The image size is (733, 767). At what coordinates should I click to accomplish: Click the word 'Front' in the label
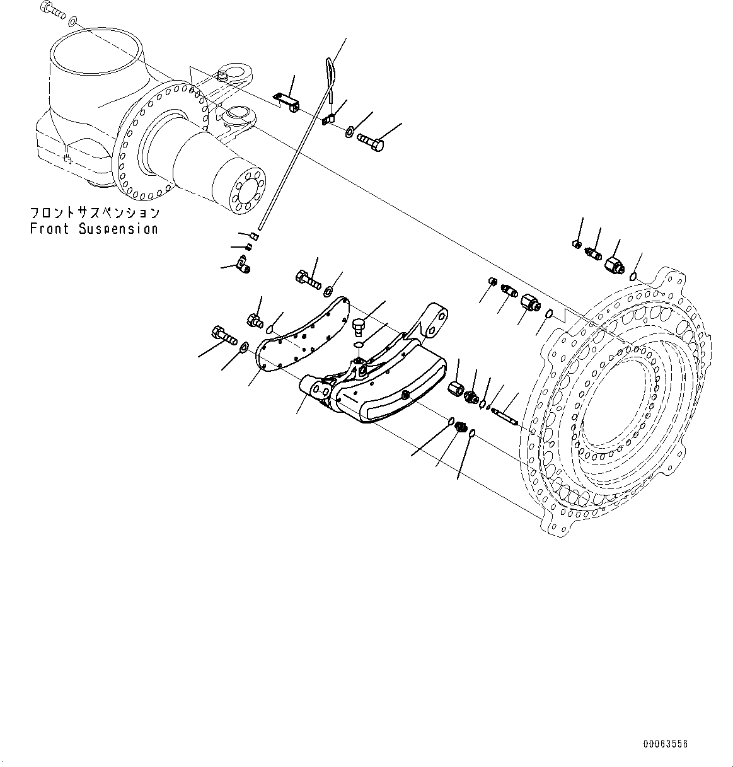pyautogui.click(x=50, y=229)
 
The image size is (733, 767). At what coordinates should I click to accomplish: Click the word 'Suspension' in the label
pyautogui.click(x=118, y=229)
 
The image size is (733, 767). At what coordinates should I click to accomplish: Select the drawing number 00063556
pyautogui.click(x=666, y=744)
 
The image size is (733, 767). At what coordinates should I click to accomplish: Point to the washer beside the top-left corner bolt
pyautogui.click(x=73, y=21)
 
